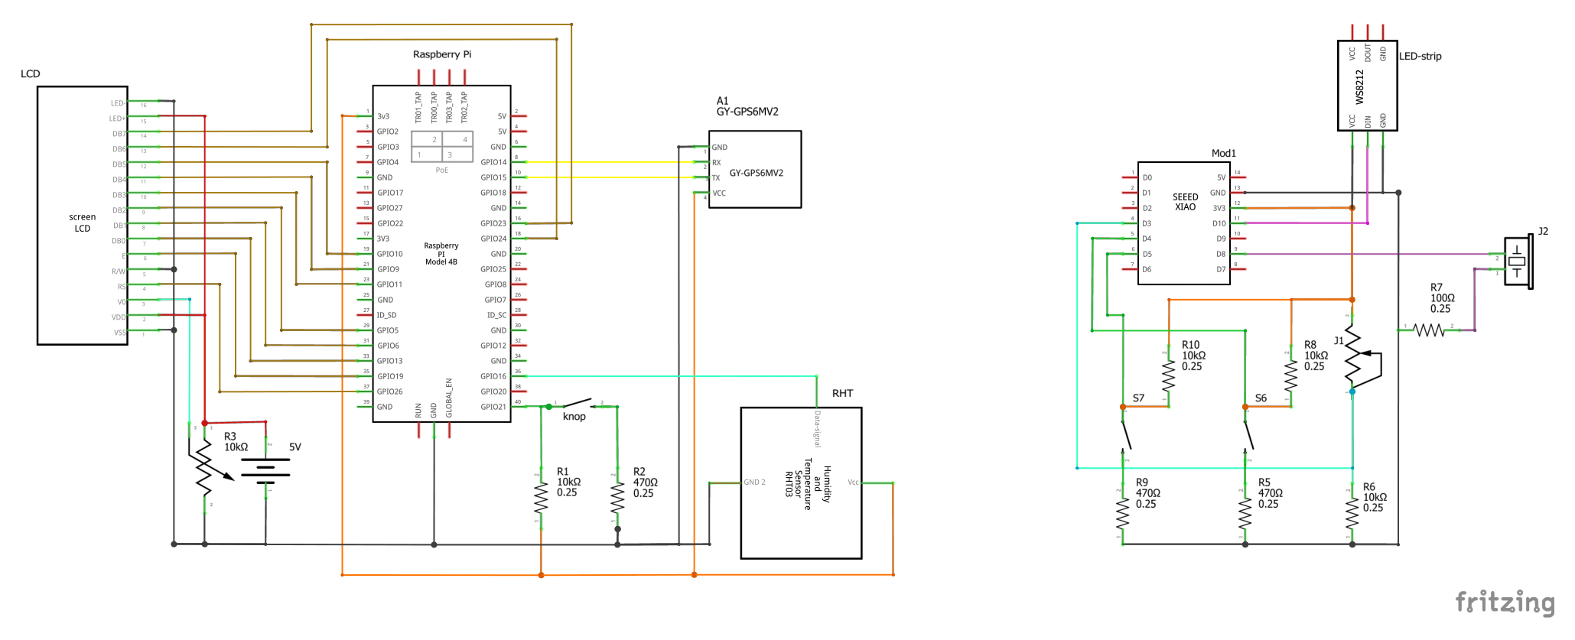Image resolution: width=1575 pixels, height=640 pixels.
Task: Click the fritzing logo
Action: click(1505, 603)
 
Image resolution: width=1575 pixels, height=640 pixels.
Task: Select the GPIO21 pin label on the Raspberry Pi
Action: click(493, 407)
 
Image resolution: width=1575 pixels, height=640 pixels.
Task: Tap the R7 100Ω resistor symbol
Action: click(1428, 330)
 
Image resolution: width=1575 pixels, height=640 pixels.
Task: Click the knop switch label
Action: click(574, 417)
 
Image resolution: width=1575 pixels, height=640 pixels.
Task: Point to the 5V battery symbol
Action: click(265, 469)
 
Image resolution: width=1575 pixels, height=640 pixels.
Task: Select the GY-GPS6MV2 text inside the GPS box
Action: click(756, 173)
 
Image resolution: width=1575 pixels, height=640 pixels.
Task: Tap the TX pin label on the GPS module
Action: click(716, 178)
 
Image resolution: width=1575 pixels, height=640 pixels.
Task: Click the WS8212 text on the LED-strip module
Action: click(1359, 87)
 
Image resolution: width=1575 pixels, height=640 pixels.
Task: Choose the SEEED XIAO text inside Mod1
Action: click(1185, 202)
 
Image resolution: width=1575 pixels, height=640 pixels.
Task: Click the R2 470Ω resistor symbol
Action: click(617, 499)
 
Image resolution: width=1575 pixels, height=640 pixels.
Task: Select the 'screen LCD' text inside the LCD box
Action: click(82, 223)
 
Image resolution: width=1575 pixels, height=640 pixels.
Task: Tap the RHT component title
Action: click(842, 393)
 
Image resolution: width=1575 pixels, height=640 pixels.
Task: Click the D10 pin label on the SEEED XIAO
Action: click(1219, 223)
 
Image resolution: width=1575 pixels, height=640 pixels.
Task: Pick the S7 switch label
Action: click(1138, 398)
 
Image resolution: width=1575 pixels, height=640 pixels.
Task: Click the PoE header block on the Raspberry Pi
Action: click(442, 148)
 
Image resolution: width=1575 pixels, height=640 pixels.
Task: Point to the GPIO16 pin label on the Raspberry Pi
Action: click(493, 376)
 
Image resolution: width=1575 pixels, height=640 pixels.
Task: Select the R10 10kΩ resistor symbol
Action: click(1168, 375)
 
